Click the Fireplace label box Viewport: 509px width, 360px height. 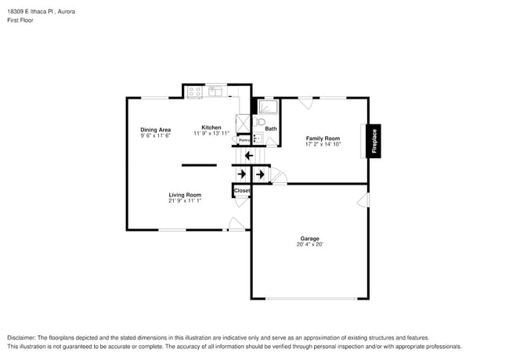pyautogui.click(x=373, y=142)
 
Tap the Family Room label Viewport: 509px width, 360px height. pyautogui.click(x=322, y=138)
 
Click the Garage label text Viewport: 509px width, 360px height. pyautogui.click(x=309, y=239)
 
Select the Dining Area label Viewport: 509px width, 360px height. pyautogui.click(x=155, y=130)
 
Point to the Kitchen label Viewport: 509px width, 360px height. pyautogui.click(x=211, y=128)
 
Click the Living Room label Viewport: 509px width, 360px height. pyautogui.click(x=185, y=195)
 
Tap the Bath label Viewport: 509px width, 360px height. pyautogui.click(x=271, y=128)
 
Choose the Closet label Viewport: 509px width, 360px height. pyautogui.click(x=242, y=190)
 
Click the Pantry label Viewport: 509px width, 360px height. pyautogui.click(x=244, y=140)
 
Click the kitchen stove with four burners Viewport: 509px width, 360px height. pyautogui.click(x=195, y=92)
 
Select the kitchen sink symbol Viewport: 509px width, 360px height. pyautogui.click(x=215, y=92)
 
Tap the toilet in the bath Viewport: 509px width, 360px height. pyautogui.click(x=261, y=123)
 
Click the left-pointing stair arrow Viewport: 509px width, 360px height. pyautogui.click(x=248, y=156)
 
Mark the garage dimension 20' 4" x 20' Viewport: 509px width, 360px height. pyautogui.click(x=309, y=245)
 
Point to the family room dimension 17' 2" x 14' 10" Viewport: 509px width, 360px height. pyautogui.click(x=322, y=144)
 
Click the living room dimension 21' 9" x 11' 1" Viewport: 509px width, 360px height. pyautogui.click(x=185, y=201)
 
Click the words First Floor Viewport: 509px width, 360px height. pyautogui.click(x=20, y=20)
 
